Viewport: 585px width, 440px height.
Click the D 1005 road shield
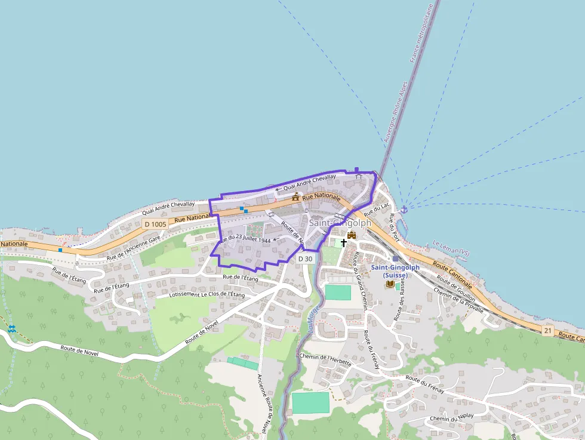point(155,224)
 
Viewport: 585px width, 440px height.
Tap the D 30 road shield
point(306,259)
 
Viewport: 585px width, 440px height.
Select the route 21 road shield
point(548,330)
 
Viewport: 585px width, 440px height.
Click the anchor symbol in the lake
point(404,209)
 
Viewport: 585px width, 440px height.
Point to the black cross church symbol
point(344,243)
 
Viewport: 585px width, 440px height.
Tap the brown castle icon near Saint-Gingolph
point(352,235)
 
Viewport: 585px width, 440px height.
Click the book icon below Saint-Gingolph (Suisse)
point(390,284)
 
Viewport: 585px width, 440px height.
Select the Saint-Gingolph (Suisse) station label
point(395,270)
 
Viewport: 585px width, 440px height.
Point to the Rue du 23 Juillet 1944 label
point(245,239)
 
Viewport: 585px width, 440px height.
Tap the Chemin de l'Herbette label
point(325,359)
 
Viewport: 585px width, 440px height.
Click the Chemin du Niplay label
point(451,417)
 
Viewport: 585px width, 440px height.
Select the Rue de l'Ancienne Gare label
point(134,248)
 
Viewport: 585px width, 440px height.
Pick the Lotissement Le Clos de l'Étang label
point(207,294)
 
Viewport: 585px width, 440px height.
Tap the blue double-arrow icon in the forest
point(12,328)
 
